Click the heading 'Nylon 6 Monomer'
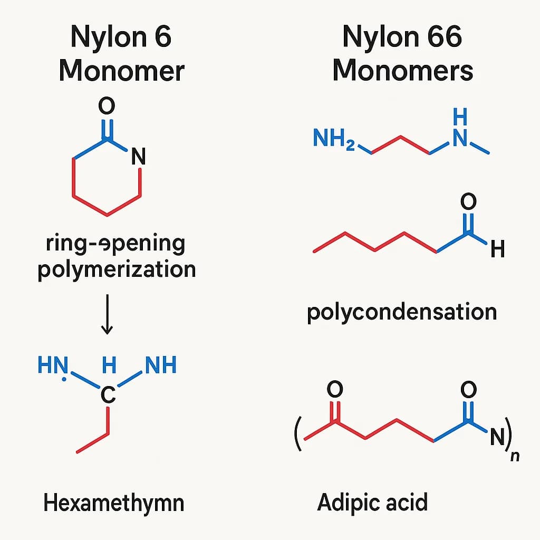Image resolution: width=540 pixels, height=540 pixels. pos(121,54)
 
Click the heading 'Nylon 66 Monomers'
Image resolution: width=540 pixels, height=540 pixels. pos(402,54)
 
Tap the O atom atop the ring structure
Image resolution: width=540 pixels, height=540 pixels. pos(107,108)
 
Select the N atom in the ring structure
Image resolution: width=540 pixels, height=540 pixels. pos(138,157)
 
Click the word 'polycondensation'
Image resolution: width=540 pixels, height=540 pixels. pos(402,312)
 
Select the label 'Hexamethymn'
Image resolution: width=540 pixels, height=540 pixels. pos(114,503)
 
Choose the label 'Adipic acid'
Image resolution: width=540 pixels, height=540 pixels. pos(372,502)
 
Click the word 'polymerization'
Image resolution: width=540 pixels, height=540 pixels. pos(117,269)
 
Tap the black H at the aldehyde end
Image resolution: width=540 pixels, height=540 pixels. pos(497,249)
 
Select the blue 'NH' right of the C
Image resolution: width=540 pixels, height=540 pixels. pos(160,365)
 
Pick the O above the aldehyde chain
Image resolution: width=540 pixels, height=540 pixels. pos(468,202)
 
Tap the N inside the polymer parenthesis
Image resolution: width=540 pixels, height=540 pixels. pos(497,437)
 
